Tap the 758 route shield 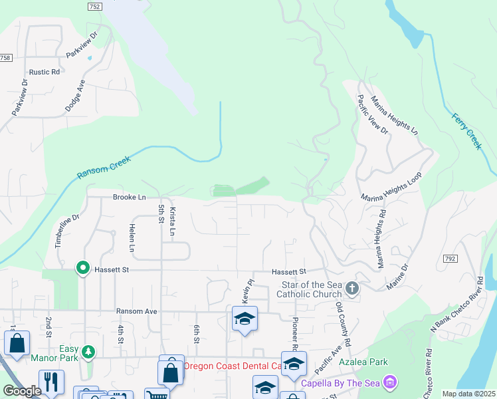click(x=5, y=58)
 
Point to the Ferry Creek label click(x=466, y=130)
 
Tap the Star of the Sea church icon click(x=352, y=288)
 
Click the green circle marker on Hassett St click(x=83, y=268)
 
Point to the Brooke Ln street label click(x=129, y=198)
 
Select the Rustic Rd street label click(x=44, y=72)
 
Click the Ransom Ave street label click(x=136, y=311)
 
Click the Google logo click(x=22, y=391)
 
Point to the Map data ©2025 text click(x=469, y=394)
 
